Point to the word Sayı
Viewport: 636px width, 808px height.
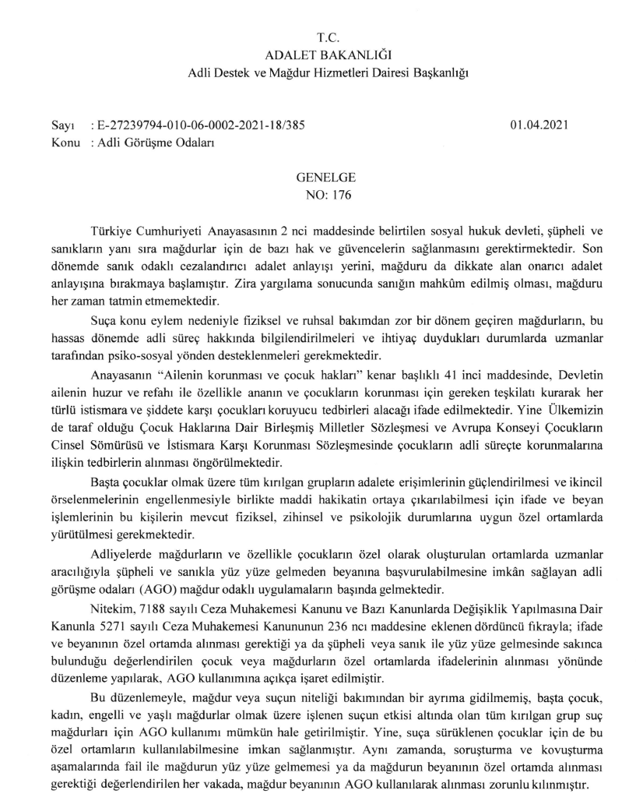(x=60, y=125)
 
